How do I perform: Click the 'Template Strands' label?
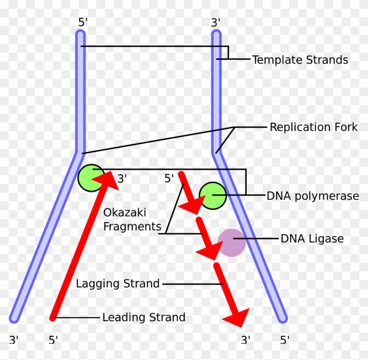(300, 60)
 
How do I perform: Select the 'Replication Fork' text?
(314, 127)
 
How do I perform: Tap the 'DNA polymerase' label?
(313, 196)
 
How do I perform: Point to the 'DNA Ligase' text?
(312, 239)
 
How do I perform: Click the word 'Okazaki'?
(125, 213)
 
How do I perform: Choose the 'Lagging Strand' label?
(118, 283)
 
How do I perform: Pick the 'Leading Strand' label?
(144, 317)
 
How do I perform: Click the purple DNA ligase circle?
(232, 243)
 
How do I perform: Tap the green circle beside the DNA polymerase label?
(213, 195)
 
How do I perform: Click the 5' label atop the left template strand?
(83, 22)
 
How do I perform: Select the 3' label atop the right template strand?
(216, 22)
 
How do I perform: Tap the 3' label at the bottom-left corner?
(14, 340)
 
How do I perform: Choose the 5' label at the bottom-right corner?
(285, 340)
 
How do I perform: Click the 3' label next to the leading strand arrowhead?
(122, 179)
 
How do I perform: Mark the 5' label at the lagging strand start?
(169, 178)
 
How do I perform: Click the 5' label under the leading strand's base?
(53, 340)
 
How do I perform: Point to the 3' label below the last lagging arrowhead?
(246, 340)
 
